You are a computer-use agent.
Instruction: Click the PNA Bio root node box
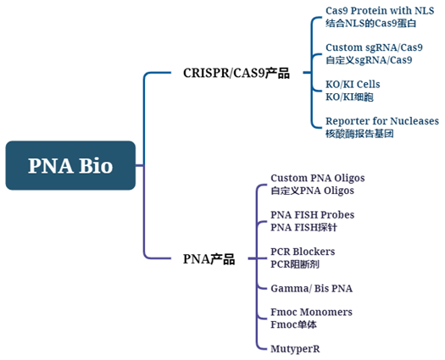pyautogui.click(x=70, y=165)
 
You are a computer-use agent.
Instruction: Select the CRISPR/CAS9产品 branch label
pyautogui.click(x=236, y=73)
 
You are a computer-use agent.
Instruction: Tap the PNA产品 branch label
pyautogui.click(x=209, y=259)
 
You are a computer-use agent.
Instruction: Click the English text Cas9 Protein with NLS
pyautogui.click(x=373, y=10)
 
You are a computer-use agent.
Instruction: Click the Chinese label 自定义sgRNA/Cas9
pyautogui.click(x=369, y=60)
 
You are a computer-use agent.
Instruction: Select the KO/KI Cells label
pyautogui.click(x=353, y=85)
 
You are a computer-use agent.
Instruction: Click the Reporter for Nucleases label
pyautogui.click(x=381, y=121)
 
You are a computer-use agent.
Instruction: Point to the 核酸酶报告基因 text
pyautogui.click(x=359, y=134)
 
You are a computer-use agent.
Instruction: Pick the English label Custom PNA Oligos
pyautogui.click(x=317, y=178)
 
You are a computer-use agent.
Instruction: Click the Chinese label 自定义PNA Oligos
pyautogui.click(x=312, y=191)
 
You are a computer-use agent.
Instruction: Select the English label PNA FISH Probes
pyautogui.click(x=312, y=215)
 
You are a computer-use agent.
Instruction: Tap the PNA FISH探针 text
pyautogui.click(x=305, y=227)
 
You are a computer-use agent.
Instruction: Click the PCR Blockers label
pyautogui.click(x=303, y=252)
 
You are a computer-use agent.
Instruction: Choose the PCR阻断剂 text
pyautogui.click(x=298, y=264)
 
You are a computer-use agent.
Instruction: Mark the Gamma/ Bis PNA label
pyautogui.click(x=311, y=288)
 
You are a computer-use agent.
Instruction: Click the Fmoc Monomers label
pyautogui.click(x=311, y=312)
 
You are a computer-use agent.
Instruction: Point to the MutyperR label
pyautogui.click(x=295, y=348)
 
